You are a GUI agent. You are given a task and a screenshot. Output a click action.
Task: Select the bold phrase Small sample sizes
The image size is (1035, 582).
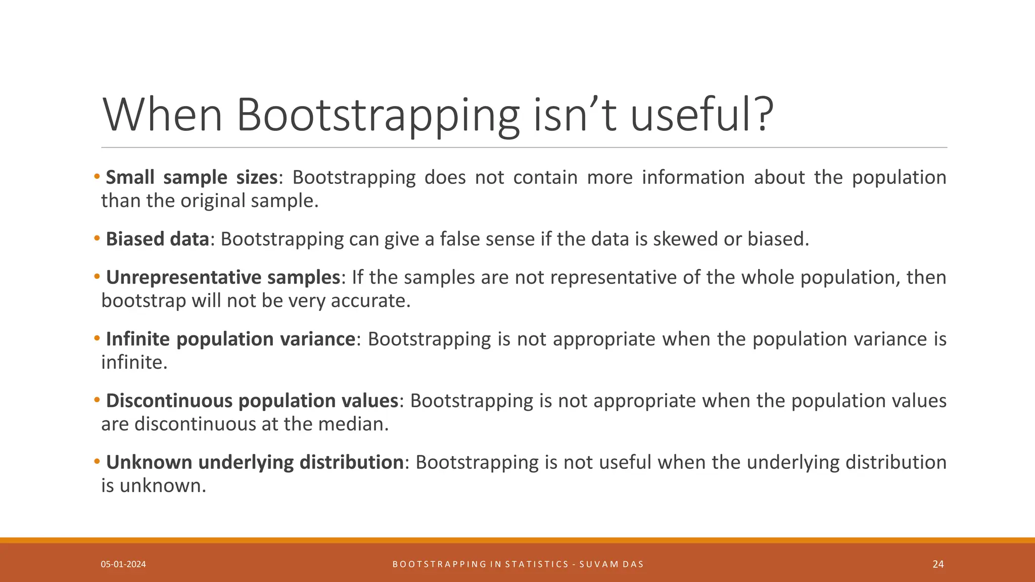coord(192,177)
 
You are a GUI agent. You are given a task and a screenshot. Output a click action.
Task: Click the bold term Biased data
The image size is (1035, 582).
coord(157,239)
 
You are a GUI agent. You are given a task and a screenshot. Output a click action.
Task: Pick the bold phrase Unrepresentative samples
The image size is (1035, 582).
coord(223,277)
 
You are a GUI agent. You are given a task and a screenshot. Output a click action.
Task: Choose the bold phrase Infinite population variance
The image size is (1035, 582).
coord(230,339)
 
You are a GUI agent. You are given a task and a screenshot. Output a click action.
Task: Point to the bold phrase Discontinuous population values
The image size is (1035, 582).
coord(252,401)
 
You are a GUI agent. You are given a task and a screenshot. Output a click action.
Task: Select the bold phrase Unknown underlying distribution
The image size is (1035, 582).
coord(255,462)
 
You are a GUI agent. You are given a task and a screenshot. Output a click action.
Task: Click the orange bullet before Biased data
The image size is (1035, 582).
coord(97,238)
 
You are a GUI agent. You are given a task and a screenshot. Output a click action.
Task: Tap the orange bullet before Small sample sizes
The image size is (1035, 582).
coord(97,177)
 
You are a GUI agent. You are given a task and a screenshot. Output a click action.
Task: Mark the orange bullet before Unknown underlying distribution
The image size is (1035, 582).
coord(97,462)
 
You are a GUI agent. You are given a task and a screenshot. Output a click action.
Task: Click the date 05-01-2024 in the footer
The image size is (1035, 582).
coord(123,564)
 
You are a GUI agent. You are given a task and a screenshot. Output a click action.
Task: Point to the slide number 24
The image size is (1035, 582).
coord(938,564)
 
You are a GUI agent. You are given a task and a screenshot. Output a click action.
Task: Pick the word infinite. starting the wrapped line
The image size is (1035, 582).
coord(134,362)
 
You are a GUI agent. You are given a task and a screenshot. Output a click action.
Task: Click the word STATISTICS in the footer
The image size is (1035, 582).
coord(537,564)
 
